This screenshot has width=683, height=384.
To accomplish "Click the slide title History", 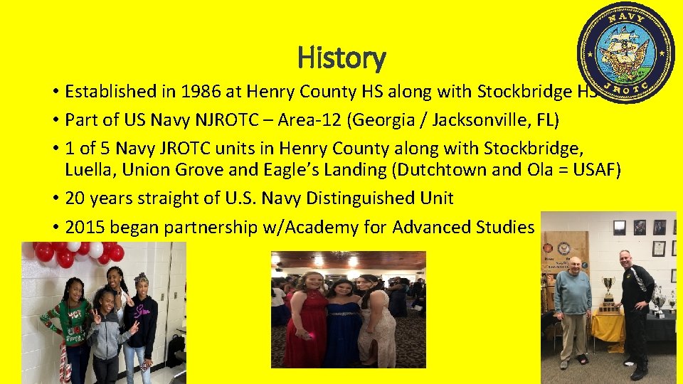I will [341, 57].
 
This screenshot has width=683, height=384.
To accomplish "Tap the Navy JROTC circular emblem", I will [626, 53].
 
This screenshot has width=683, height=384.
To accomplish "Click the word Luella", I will [87, 170].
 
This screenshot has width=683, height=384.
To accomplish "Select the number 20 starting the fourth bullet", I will [74, 198].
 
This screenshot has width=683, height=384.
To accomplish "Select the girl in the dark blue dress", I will [343, 324].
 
